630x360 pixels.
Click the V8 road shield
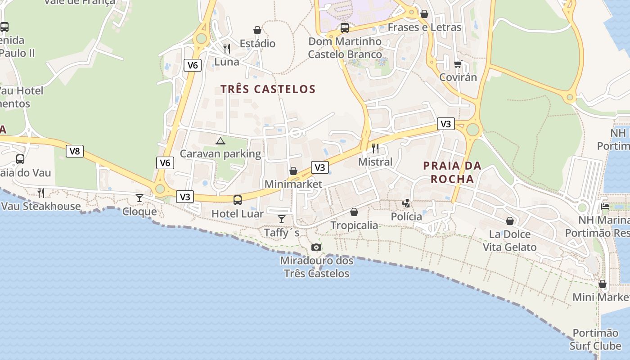click(75, 151)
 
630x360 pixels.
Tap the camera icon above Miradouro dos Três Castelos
click(316, 247)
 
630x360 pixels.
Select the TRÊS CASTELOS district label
click(268, 89)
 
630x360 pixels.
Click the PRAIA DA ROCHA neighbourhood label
click(452, 172)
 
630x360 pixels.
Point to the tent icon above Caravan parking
click(220, 141)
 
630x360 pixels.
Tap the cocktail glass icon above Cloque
click(139, 198)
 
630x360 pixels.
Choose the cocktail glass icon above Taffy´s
click(282, 219)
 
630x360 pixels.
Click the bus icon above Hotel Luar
click(237, 200)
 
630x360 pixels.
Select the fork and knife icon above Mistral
click(375, 148)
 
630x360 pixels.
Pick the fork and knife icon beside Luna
click(227, 49)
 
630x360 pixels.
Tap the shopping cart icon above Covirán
click(458, 64)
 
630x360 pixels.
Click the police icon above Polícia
click(406, 203)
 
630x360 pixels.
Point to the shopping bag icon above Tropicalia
click(354, 212)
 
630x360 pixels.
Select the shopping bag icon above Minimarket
click(293, 171)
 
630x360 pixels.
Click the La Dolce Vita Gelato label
click(510, 241)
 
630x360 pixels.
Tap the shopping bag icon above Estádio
click(257, 30)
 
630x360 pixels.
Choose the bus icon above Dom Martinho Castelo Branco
click(345, 28)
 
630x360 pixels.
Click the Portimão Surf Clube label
click(595, 339)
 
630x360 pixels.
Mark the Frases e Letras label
click(424, 27)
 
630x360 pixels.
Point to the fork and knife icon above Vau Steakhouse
click(41, 193)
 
